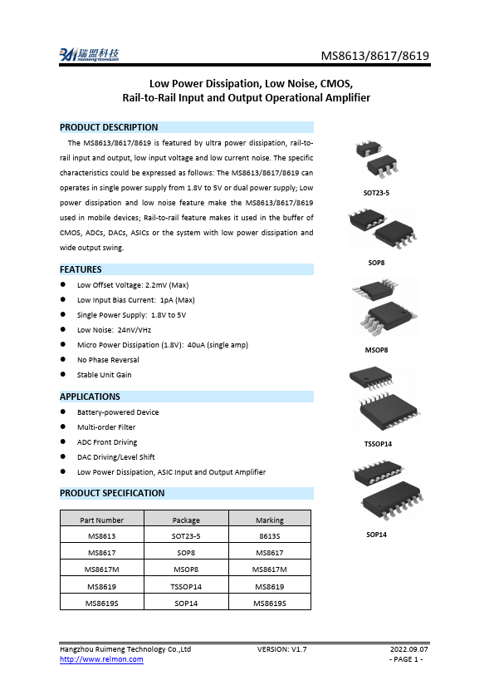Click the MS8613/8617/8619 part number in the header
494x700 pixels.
point(375,57)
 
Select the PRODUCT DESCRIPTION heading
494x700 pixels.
point(109,127)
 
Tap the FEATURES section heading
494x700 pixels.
point(81,269)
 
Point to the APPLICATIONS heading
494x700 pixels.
point(90,397)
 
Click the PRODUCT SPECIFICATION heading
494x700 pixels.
point(112,493)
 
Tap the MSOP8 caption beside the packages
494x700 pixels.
point(376,350)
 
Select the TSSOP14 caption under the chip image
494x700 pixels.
point(378,444)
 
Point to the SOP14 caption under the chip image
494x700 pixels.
point(377,535)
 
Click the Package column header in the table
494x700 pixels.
point(186,520)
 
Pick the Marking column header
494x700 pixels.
point(269,520)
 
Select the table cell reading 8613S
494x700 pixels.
point(269,536)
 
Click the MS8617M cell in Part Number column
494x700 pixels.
point(103,569)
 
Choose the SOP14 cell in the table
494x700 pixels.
point(186,603)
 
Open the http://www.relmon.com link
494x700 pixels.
point(101,659)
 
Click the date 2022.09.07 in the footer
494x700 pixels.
point(409,648)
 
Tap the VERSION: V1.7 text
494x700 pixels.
point(282,648)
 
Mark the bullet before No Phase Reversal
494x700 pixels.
point(64,360)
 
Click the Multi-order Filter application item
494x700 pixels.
point(105,427)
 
